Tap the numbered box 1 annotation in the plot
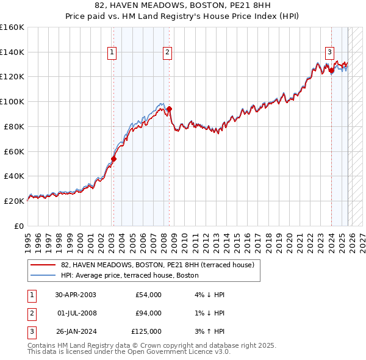(113, 53)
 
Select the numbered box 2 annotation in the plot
(167, 53)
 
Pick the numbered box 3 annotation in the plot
(329, 53)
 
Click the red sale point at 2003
(113, 158)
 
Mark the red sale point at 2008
(169, 109)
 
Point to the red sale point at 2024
(331, 70)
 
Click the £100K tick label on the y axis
(12, 101)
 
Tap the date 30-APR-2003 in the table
(75, 295)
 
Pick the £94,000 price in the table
(148, 313)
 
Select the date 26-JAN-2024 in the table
(75, 331)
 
